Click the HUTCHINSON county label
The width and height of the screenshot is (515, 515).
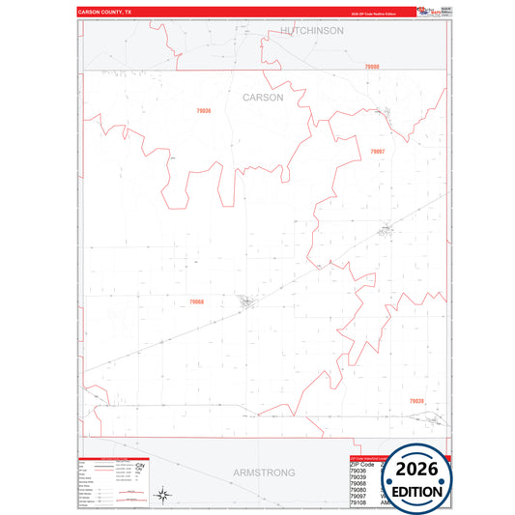[x=312, y=31]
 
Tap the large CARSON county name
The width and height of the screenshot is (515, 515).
[x=263, y=98]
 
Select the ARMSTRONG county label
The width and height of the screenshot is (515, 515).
[x=264, y=472]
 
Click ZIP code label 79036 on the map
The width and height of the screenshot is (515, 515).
[x=203, y=111]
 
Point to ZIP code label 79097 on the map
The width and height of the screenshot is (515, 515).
[x=377, y=152]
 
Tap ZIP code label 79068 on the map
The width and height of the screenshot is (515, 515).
[x=196, y=301]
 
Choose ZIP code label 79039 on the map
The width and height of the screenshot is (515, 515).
[x=415, y=400]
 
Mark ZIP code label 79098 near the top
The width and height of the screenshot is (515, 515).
[x=373, y=66]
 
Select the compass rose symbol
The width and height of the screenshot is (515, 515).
[x=164, y=496]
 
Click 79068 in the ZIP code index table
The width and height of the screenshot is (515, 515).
[x=359, y=483]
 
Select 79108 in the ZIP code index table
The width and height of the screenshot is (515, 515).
[x=359, y=503]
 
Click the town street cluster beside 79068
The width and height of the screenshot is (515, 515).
[x=247, y=301]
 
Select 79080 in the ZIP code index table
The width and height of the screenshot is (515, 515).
[x=359, y=490]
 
